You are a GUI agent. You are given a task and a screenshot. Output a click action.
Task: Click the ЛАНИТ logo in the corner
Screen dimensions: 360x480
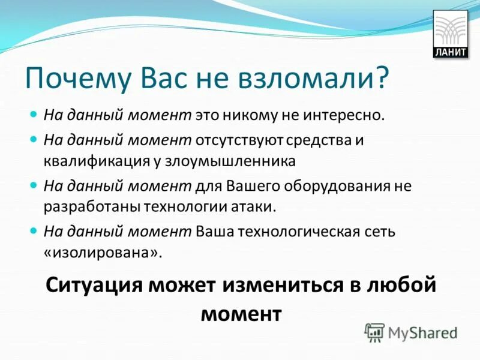point(450,35)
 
